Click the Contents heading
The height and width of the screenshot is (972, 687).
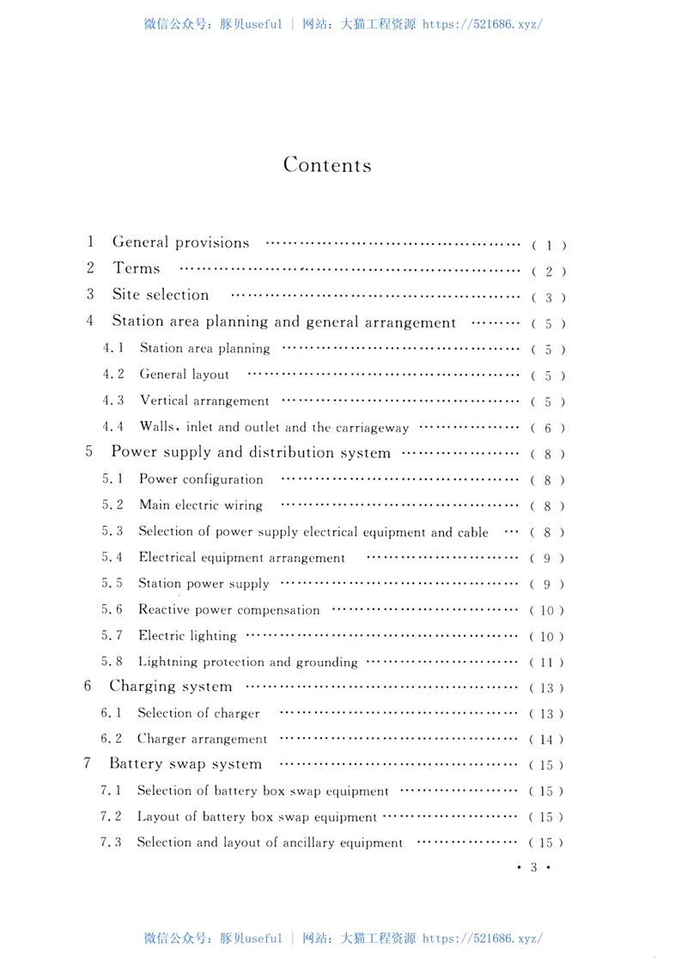(327, 165)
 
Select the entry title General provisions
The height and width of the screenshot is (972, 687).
(180, 243)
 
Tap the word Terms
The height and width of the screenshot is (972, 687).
(137, 269)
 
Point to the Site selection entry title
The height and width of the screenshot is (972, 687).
(161, 295)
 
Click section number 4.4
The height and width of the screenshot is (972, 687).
(113, 427)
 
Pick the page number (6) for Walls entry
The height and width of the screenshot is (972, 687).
(547, 428)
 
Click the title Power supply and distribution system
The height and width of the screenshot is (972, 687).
(251, 453)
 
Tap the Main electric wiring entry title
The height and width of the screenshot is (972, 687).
(201, 505)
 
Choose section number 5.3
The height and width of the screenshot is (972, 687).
(112, 532)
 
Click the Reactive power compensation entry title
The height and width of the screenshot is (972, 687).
(228, 610)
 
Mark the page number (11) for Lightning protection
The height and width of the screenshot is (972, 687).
(547, 663)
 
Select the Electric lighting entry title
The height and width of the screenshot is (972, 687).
(187, 636)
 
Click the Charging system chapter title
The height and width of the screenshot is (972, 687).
(171, 687)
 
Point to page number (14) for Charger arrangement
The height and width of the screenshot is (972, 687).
(547, 740)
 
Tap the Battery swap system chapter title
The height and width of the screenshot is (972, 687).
(185, 764)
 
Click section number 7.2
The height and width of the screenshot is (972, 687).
(111, 816)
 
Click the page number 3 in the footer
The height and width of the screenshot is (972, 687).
(533, 868)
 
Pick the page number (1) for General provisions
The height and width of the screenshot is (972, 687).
(549, 246)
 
